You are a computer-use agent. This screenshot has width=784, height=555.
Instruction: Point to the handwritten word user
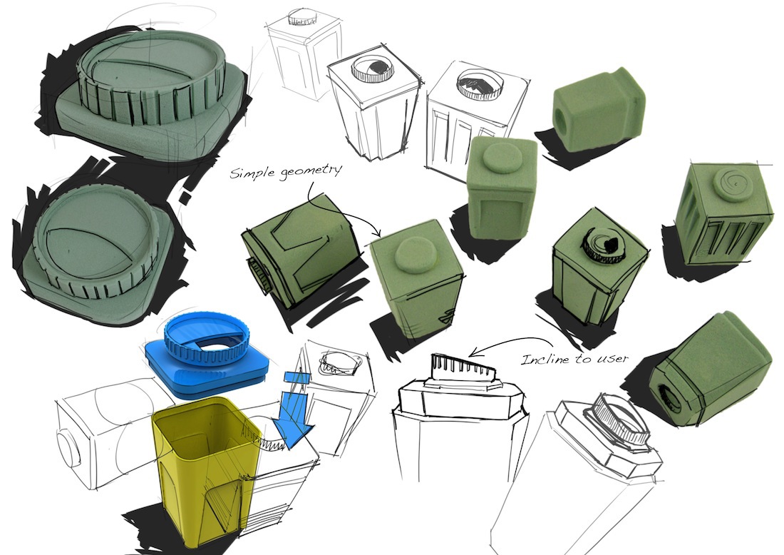613,358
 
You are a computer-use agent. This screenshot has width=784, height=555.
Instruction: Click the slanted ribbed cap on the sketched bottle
463,374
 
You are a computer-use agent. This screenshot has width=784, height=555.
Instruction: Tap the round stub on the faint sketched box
68,450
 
